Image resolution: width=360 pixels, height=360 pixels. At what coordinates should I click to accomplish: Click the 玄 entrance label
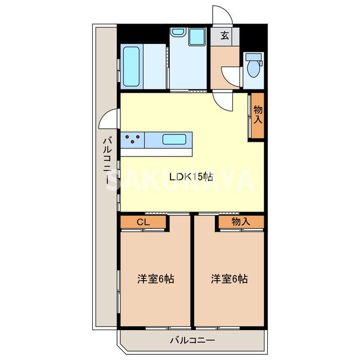(224, 37)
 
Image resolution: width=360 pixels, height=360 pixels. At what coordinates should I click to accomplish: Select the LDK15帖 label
(191, 177)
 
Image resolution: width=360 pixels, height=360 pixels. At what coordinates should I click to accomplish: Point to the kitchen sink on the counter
(177, 138)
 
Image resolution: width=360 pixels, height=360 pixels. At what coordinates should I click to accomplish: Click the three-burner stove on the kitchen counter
(134, 138)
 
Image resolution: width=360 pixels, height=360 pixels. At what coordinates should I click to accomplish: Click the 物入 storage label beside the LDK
(258, 115)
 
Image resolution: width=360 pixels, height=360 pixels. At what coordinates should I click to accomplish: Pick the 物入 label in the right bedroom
(241, 222)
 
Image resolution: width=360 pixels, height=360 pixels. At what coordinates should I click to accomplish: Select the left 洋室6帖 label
(156, 278)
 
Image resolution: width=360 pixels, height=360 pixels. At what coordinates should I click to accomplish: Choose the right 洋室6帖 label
(229, 278)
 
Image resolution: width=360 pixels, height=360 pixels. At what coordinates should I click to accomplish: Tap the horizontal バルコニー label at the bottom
(192, 340)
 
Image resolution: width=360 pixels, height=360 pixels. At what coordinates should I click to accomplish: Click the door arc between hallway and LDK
(224, 101)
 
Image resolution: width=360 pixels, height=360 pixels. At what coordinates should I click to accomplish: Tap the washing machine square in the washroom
(197, 37)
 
